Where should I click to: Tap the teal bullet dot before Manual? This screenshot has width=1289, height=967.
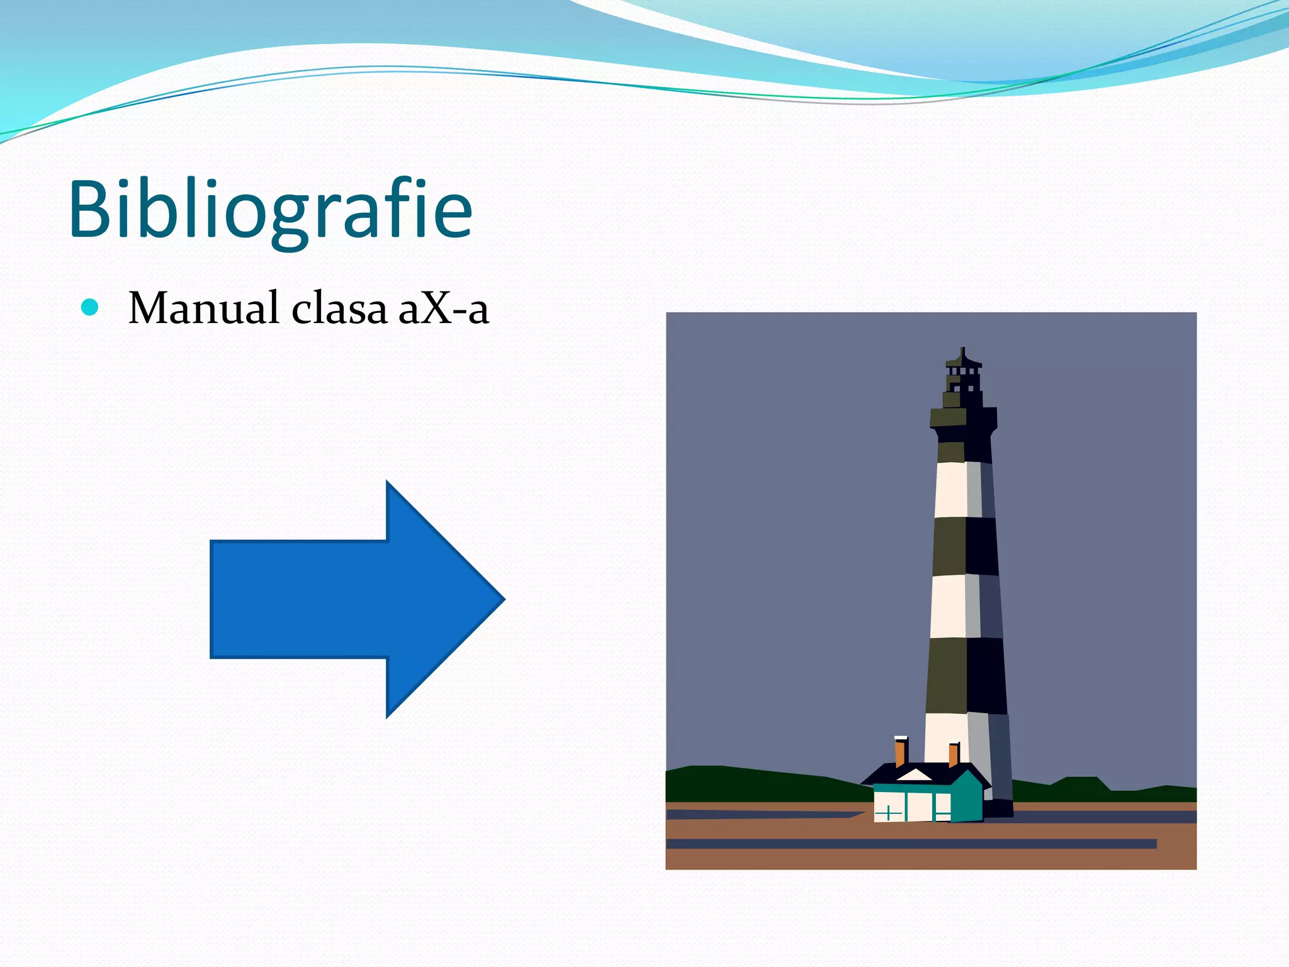[x=91, y=307]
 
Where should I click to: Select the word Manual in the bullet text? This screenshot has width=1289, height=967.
[x=203, y=308]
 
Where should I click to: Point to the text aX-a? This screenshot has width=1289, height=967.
[x=444, y=308]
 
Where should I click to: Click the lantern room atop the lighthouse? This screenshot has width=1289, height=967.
[x=963, y=377]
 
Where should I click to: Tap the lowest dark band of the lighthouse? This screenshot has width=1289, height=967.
[x=966, y=676]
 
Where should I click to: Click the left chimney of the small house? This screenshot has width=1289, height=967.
[x=901, y=751]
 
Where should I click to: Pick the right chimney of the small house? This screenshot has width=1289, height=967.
[x=954, y=754]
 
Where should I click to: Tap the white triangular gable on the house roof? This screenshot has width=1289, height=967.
[x=914, y=775]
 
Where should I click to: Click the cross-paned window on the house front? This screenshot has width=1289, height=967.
[x=888, y=813]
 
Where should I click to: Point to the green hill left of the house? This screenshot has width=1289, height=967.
[x=755, y=784]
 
